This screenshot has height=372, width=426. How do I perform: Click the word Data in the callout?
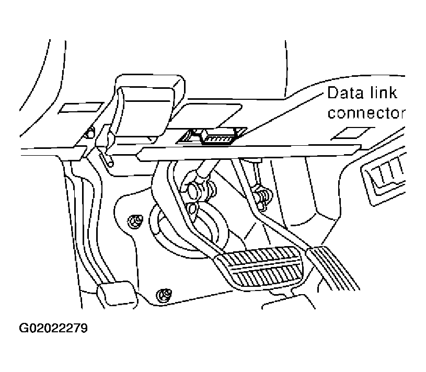coord(344,94)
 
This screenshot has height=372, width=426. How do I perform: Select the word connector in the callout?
coord(366,113)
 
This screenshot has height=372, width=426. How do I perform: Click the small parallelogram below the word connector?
coord(349,134)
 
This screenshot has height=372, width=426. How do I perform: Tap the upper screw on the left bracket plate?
coord(135,221)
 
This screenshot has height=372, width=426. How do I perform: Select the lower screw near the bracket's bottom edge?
coord(164,294)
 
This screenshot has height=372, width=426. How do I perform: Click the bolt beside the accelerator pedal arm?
coord(261,195)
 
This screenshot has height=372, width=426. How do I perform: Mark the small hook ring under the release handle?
coord(108,160)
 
